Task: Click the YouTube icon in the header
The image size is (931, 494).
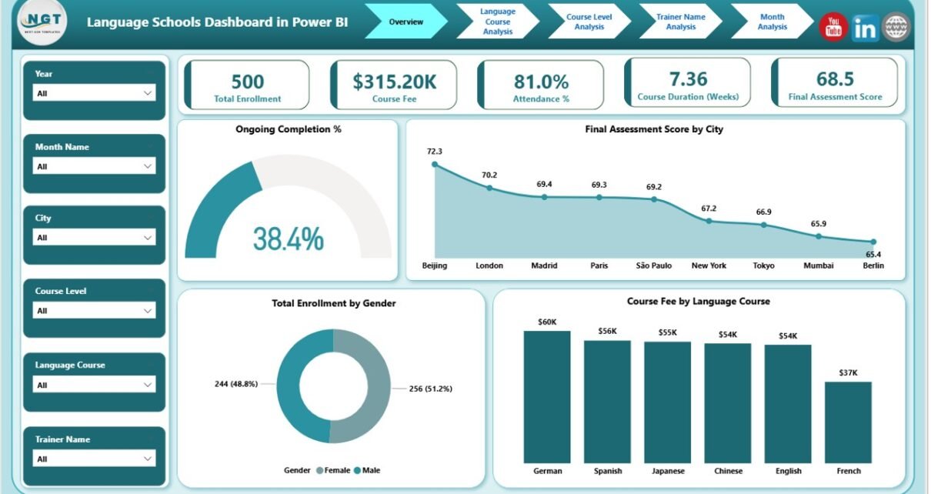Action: (833, 28)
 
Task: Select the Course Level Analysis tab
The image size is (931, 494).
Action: (589, 22)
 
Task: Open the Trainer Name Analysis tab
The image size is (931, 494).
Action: (680, 22)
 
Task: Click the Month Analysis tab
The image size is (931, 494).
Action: (772, 22)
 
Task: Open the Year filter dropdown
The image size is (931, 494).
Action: (95, 93)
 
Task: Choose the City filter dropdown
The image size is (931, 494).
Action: (95, 238)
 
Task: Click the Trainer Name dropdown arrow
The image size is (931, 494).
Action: (148, 459)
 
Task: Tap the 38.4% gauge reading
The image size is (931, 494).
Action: (289, 239)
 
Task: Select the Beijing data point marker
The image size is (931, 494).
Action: (435, 164)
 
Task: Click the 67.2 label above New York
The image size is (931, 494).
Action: (709, 209)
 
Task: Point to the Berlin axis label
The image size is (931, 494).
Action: (873, 265)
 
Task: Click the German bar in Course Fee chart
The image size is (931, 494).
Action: (547, 396)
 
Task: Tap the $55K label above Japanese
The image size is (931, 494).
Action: (667, 332)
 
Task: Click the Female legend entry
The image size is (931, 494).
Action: (334, 470)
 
